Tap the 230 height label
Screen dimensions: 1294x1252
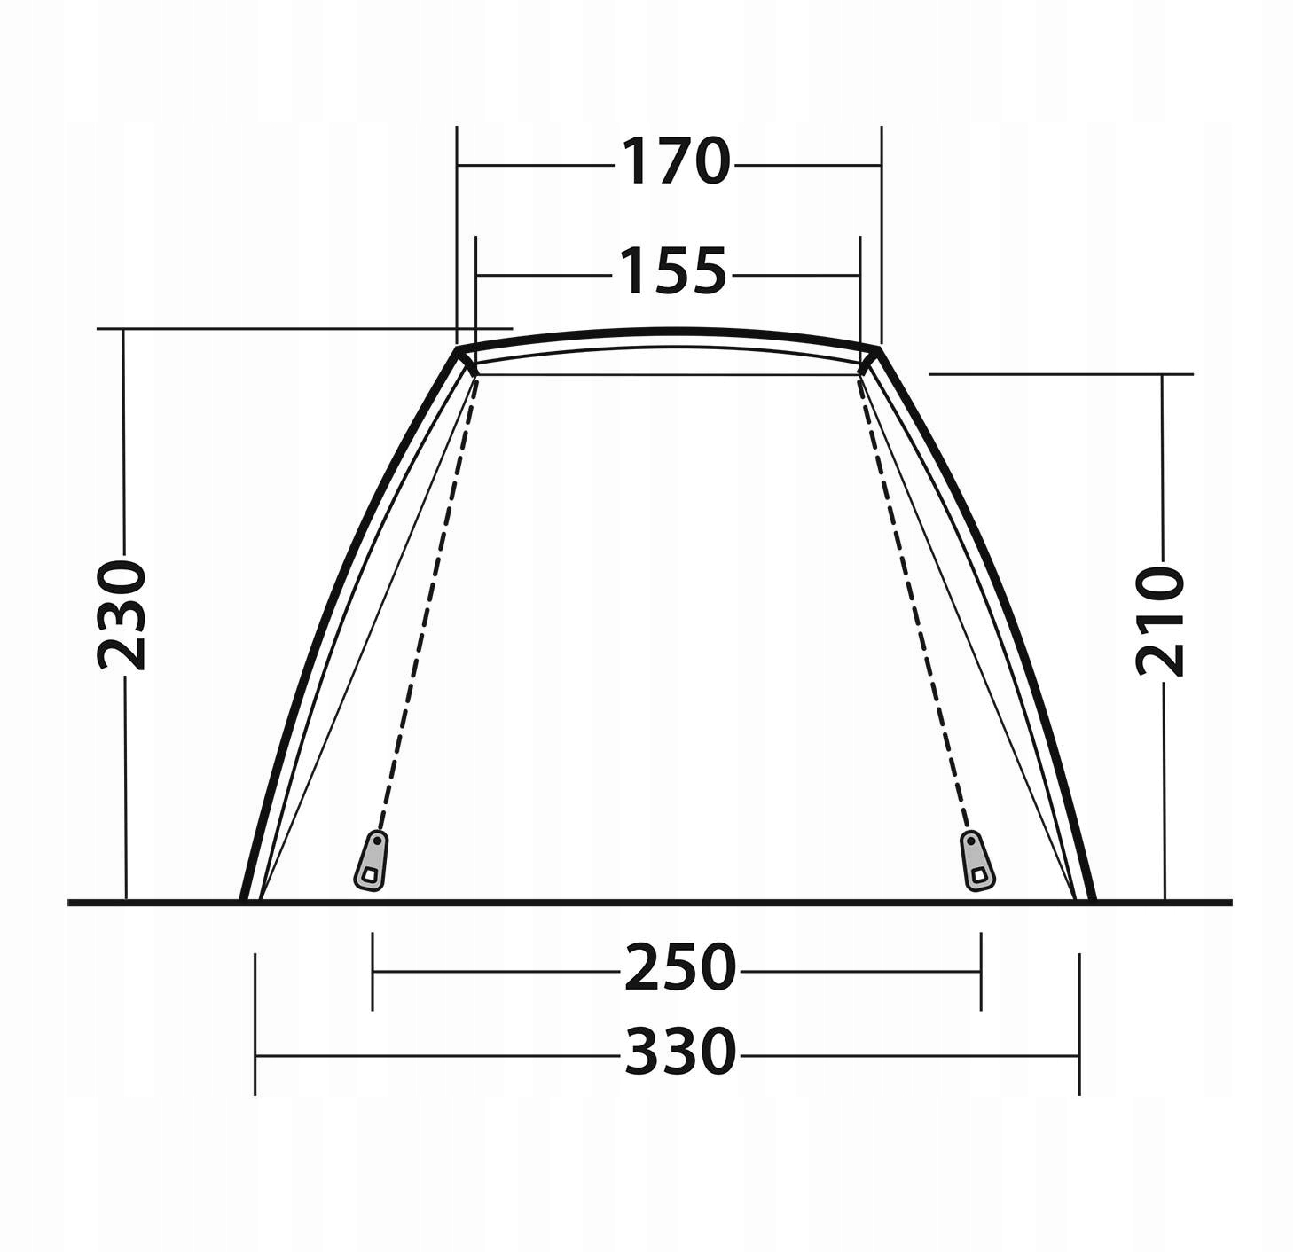[x=121, y=615]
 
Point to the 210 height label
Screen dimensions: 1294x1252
[x=1160, y=621]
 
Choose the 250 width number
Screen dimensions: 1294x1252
[x=679, y=968]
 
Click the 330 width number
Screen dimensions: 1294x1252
[x=680, y=1052]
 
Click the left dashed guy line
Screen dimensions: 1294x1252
[x=429, y=602]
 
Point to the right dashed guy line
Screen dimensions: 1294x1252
[x=914, y=602]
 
